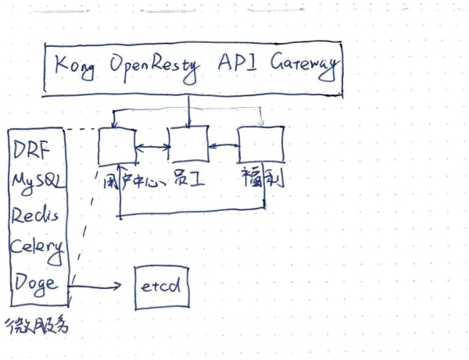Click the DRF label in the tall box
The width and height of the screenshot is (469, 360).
[31, 148]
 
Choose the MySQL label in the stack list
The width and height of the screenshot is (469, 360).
[37, 181]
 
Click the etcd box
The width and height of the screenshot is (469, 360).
[162, 286]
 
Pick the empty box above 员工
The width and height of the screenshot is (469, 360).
[188, 144]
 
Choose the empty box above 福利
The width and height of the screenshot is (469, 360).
[260, 144]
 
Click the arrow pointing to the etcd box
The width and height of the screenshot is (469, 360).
[97, 286]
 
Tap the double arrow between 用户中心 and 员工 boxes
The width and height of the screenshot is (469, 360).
[153, 146]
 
